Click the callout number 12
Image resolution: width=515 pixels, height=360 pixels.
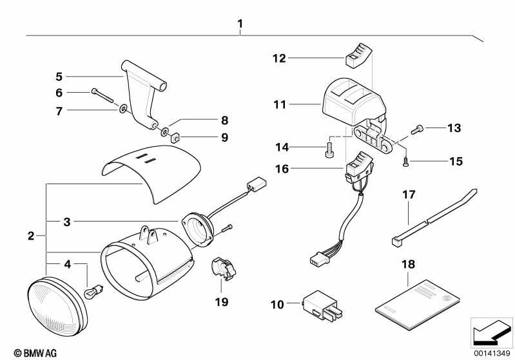(x=279, y=59)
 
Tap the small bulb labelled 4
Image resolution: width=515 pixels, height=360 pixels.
(x=94, y=291)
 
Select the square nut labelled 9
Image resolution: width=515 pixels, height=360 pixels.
(x=175, y=138)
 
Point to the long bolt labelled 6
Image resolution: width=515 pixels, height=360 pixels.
(x=102, y=95)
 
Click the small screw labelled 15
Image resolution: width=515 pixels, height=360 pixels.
(x=406, y=162)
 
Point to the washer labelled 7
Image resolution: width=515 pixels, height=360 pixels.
(x=124, y=108)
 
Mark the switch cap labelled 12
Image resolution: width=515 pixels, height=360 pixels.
(x=358, y=55)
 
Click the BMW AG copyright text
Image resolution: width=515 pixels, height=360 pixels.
(x=35, y=353)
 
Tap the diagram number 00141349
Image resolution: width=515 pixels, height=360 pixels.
(x=492, y=354)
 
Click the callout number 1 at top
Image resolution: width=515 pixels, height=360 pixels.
(x=240, y=24)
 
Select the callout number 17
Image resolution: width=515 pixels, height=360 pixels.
(x=409, y=194)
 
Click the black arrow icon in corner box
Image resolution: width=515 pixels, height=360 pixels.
(x=491, y=332)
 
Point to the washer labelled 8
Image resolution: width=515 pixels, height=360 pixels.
(x=164, y=132)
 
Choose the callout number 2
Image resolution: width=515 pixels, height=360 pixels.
(x=31, y=236)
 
